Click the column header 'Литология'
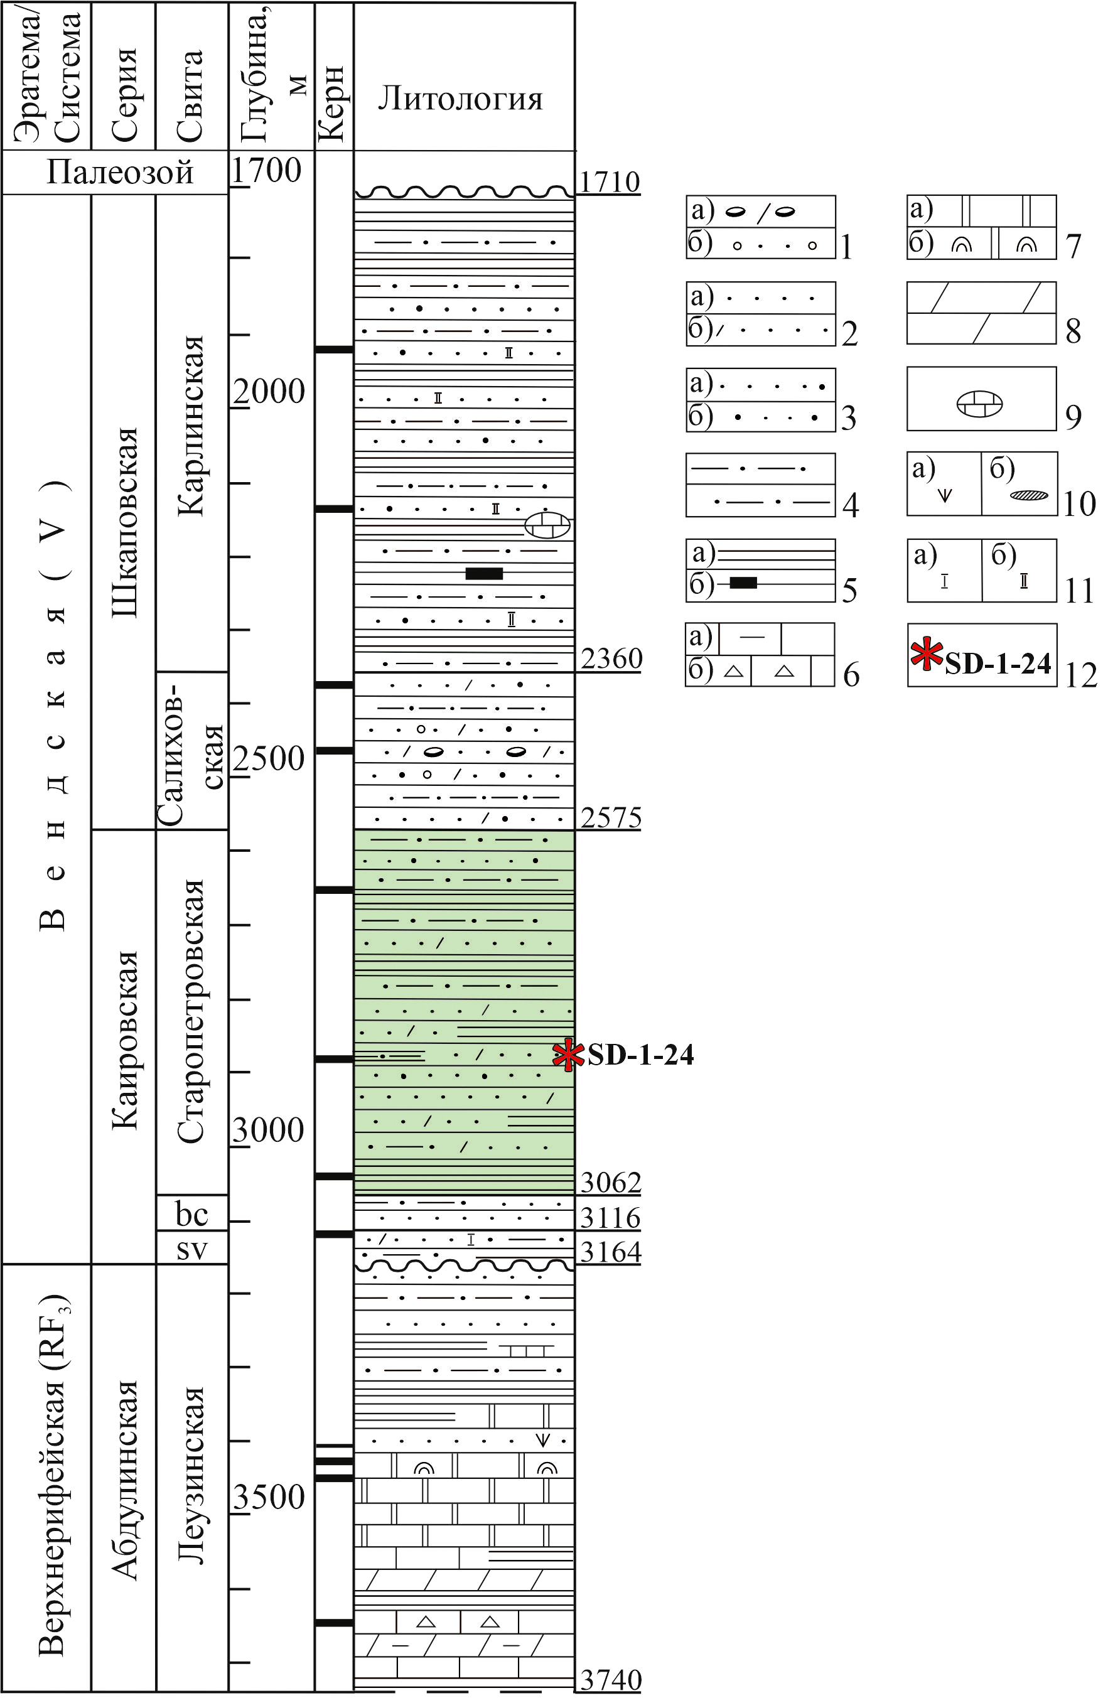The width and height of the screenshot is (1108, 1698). (460, 99)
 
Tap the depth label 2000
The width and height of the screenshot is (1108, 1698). (269, 391)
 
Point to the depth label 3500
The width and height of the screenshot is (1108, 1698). (269, 1496)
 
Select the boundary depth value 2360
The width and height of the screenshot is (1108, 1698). (611, 658)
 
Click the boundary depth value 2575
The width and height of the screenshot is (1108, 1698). (611, 817)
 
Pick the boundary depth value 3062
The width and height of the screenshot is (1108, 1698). (611, 1182)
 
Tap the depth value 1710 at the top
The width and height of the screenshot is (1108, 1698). (608, 182)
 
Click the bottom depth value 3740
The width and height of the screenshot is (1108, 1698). (611, 1680)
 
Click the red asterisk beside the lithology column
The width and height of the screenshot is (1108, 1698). (569, 1055)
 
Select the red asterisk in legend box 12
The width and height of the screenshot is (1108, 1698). (927, 654)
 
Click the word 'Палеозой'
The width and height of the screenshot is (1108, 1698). (120, 173)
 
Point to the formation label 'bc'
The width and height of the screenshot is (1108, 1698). (191, 1213)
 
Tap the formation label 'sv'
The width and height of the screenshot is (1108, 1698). (191, 1249)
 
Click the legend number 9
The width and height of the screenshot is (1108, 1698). (1073, 417)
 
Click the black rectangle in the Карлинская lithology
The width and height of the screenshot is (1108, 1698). (484, 574)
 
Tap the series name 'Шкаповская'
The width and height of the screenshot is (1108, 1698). (124, 522)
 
